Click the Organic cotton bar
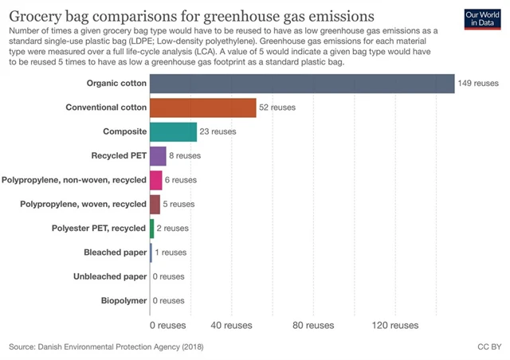(301, 83)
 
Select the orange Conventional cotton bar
(202, 108)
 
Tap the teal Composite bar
(173, 131)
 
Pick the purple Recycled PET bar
(158, 156)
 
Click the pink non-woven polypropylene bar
(155, 180)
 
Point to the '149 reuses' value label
(478, 83)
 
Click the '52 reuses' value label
(277, 108)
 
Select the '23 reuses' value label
(218, 131)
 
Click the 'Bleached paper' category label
(115, 252)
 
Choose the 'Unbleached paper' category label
(109, 276)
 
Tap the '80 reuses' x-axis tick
(312, 325)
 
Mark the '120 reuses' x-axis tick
(394, 325)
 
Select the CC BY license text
(488, 347)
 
